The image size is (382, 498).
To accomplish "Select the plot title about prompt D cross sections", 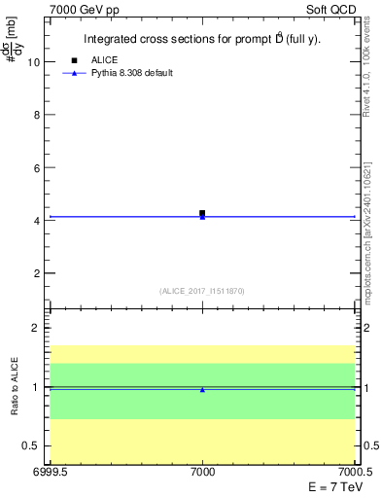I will click(x=202, y=40).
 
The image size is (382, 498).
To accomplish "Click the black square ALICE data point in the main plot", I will click(x=202, y=213).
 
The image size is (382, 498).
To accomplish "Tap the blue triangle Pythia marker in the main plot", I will click(x=202, y=217).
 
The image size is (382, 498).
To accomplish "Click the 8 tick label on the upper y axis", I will click(x=36, y=115).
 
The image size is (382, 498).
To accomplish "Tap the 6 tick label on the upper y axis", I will click(x=36, y=168).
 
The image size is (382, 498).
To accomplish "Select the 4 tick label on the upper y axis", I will click(x=36, y=221).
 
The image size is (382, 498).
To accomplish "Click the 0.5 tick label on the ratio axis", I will click(x=31, y=446).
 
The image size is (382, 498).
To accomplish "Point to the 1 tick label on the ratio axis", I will click(x=36, y=387).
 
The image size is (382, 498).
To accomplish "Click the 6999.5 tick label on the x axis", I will click(x=49, y=472).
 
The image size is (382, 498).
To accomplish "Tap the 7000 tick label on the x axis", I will click(x=202, y=472).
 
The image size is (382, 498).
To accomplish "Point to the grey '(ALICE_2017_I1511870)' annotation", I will click(x=202, y=291).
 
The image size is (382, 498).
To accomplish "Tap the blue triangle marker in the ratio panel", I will click(x=202, y=390).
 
